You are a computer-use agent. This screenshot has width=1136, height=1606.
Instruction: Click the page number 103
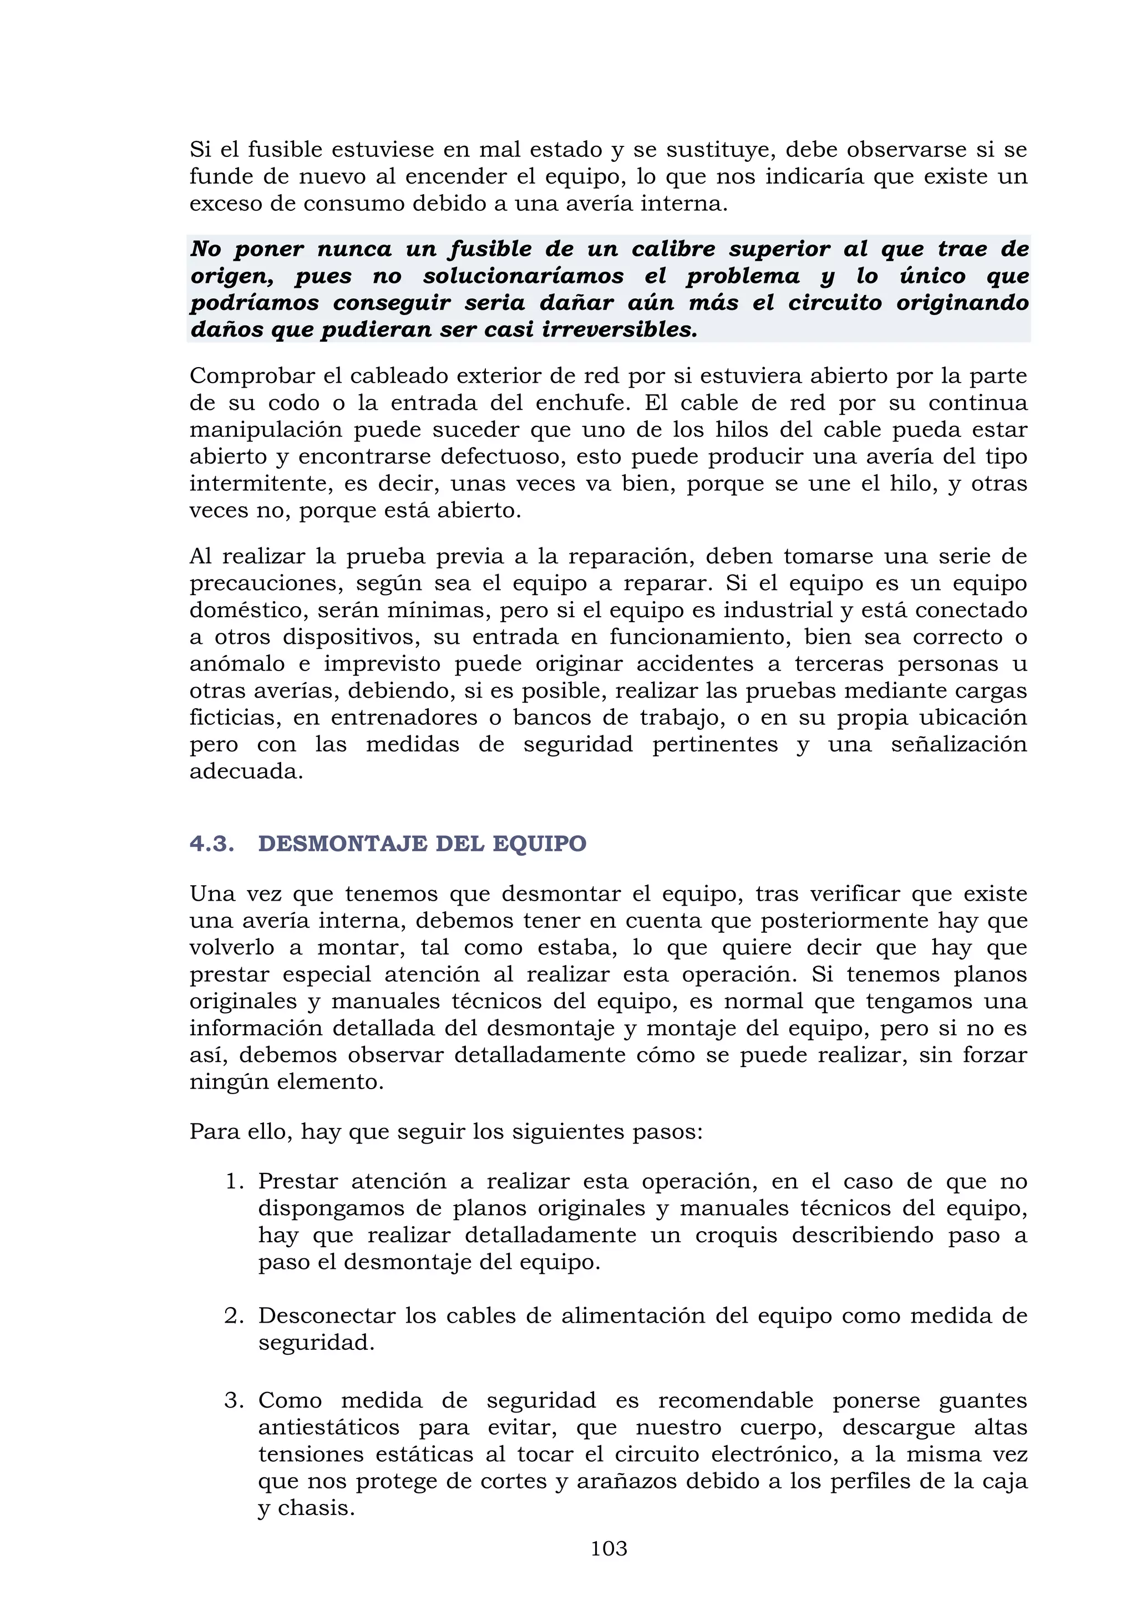[x=608, y=1548]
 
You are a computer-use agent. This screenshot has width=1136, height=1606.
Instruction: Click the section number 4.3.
[x=211, y=843]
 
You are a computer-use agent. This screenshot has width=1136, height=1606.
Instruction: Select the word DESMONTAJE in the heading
[x=343, y=843]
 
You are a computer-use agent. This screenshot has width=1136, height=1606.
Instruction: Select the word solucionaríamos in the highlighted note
[x=523, y=276]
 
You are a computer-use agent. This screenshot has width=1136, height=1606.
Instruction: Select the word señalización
[x=958, y=744]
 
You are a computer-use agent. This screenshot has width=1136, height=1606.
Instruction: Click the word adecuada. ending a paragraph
[x=246, y=771]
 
